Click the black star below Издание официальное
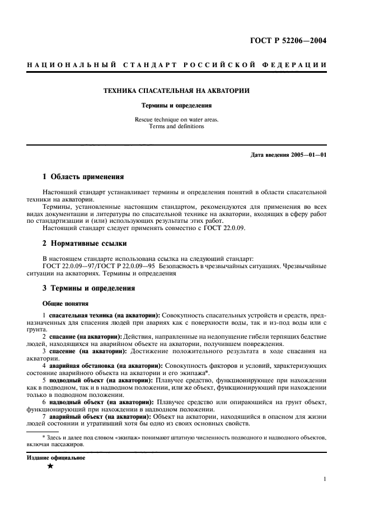[x=50, y=467]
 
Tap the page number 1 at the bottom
[x=325, y=479]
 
